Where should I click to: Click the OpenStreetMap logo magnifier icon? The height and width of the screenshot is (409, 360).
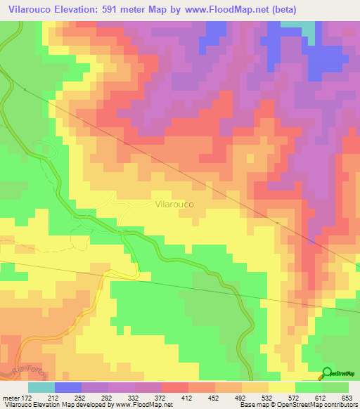pos(328,374)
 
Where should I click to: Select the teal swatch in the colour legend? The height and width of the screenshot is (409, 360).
pos(41,387)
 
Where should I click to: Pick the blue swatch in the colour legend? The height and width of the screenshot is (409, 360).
pos(68,387)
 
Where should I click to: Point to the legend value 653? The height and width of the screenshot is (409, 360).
pos(344,397)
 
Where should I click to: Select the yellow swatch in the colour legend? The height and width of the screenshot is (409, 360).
pos(282,387)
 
